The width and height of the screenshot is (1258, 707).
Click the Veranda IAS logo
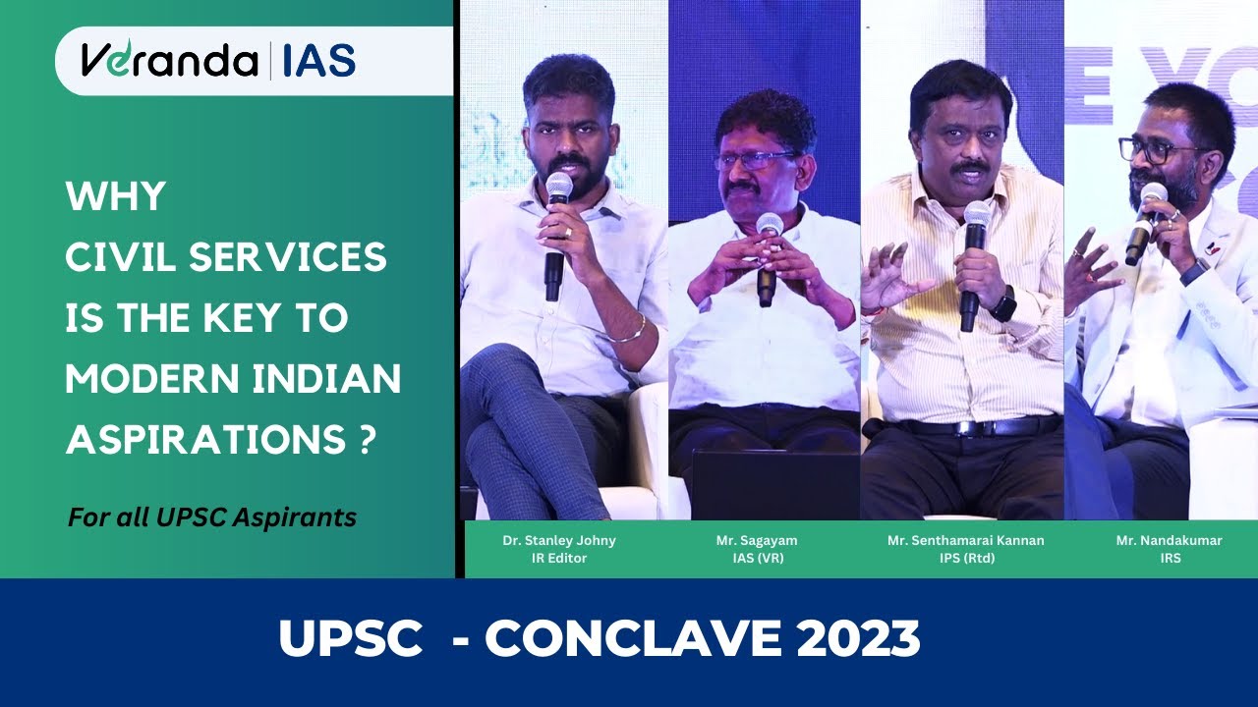coord(218,60)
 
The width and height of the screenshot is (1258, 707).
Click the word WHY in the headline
coord(115,197)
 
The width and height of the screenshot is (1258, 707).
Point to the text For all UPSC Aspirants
coord(212,517)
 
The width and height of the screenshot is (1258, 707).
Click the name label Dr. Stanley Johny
coord(558,540)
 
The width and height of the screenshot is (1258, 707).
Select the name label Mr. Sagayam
coord(763,540)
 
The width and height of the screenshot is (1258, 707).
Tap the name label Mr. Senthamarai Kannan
coord(965,540)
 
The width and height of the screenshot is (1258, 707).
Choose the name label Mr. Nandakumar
coord(1169,540)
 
